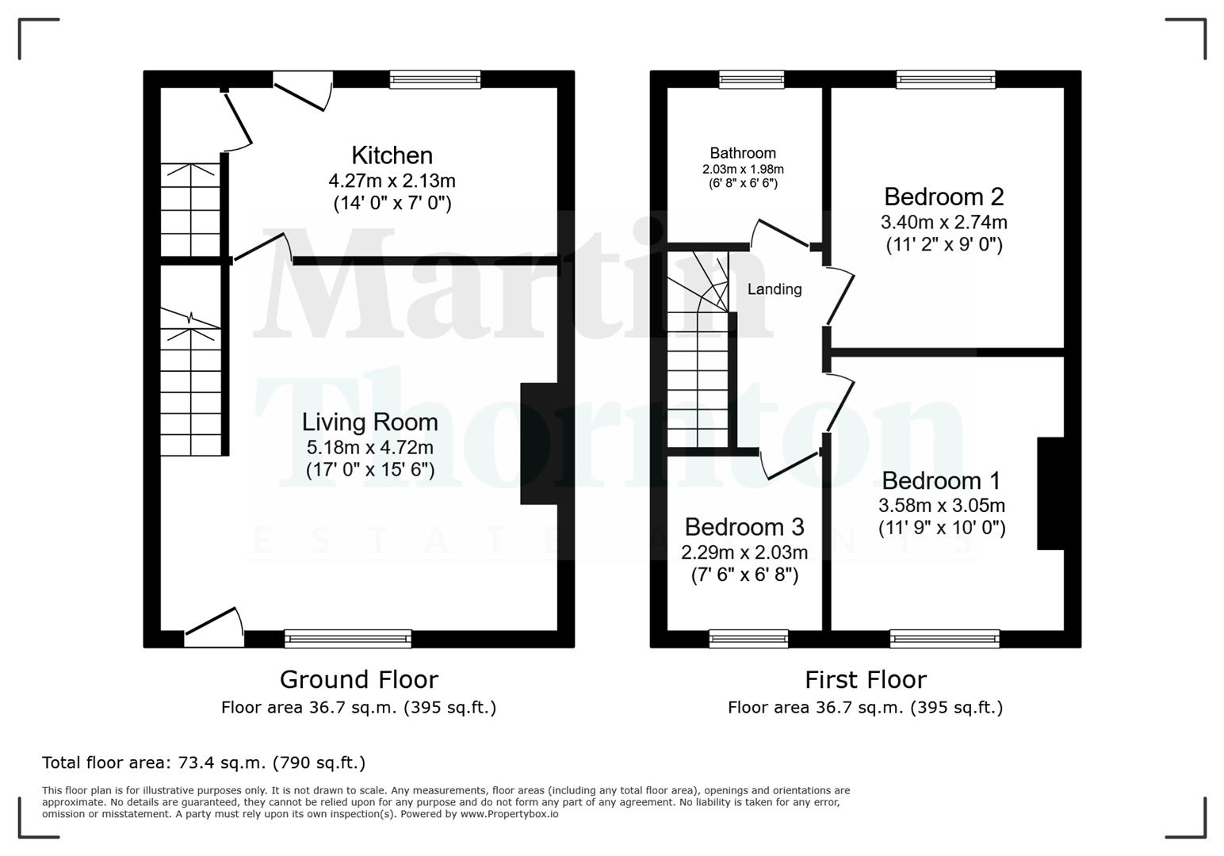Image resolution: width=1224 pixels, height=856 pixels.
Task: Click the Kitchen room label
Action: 392,155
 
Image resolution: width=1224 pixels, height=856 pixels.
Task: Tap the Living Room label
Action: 370,422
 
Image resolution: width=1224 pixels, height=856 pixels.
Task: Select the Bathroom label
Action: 743,153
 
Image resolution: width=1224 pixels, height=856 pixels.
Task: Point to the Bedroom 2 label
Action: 943,196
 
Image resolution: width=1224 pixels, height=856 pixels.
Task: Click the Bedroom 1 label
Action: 941,480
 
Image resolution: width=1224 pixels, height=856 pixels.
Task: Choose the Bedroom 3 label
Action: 744,526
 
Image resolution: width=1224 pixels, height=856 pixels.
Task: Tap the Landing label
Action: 775,289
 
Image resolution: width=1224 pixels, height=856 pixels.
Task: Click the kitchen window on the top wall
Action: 435,78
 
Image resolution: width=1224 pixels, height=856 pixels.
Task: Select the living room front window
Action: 348,638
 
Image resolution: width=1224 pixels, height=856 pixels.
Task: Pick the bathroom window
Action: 752,78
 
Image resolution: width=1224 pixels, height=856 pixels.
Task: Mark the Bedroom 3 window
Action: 748,638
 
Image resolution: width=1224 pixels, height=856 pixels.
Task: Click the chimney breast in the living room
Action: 539,444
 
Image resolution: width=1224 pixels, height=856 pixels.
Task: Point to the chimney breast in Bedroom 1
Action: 1050,493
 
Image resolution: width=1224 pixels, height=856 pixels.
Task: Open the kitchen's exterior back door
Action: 302,93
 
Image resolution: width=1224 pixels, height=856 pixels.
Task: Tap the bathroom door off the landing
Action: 780,234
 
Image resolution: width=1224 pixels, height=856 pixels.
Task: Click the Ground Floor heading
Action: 358,679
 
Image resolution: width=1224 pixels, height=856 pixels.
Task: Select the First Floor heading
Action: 865,679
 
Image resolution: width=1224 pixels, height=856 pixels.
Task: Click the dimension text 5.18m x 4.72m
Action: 370,447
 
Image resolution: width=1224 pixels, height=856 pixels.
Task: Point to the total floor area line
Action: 204,762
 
